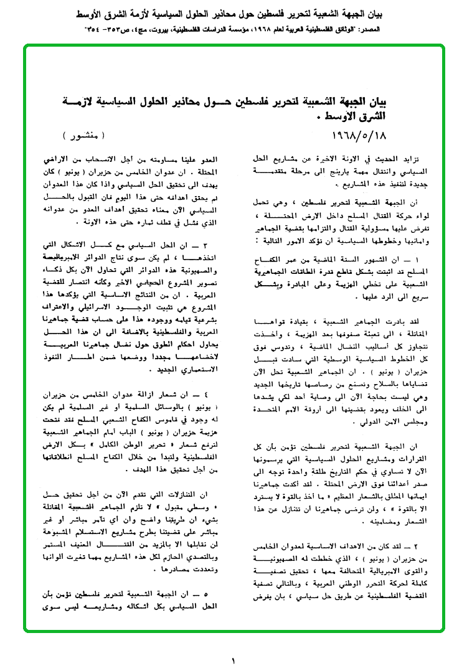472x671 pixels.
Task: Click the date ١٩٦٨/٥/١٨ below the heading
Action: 352,134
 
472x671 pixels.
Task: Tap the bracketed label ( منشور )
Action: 85,134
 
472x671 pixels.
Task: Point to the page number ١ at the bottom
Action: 234,661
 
